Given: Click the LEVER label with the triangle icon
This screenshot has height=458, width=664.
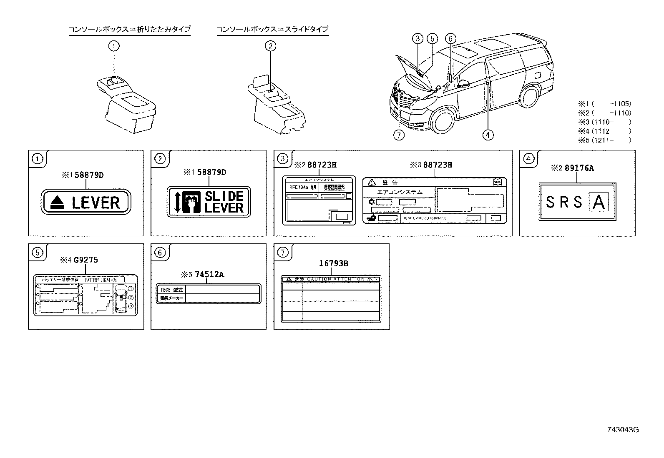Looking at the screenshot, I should [x=86, y=202].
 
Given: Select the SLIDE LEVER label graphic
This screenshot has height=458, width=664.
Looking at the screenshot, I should [x=209, y=202].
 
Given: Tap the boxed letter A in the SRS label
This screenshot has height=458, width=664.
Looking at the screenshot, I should [x=599, y=203].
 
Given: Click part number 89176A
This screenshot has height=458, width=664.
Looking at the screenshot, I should [x=579, y=168].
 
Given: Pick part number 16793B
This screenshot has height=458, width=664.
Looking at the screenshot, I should [x=333, y=263].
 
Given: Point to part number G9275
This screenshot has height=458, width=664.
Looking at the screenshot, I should [x=86, y=260].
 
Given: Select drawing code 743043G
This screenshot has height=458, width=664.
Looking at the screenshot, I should [x=623, y=430].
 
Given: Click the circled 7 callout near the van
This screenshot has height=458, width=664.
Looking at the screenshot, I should [x=399, y=135].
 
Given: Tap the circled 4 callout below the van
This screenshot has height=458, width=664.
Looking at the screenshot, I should [x=487, y=135].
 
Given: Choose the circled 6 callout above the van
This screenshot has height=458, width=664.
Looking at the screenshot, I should [x=450, y=39].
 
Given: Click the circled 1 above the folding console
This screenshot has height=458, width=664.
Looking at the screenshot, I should [x=114, y=46].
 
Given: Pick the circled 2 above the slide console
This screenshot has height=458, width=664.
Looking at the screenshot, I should [x=270, y=46].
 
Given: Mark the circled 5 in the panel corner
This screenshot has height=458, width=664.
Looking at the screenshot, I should [x=38, y=252].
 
